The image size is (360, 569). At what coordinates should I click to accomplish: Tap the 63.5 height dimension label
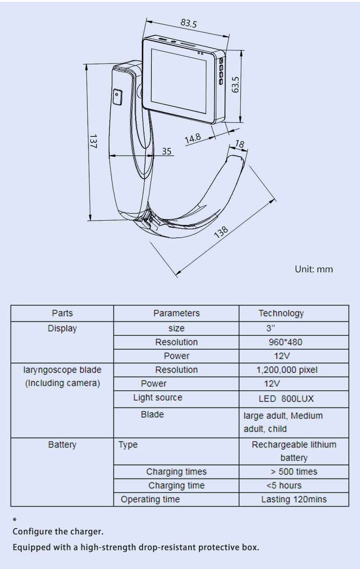pyautogui.click(x=235, y=84)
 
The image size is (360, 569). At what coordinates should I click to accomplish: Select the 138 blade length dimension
pyautogui.click(x=221, y=232)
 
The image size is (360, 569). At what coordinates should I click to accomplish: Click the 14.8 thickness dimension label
pyautogui.click(x=193, y=139)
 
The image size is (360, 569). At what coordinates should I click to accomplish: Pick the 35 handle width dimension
pyautogui.click(x=166, y=151)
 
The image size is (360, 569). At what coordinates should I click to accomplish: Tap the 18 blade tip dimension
pyautogui.click(x=240, y=144)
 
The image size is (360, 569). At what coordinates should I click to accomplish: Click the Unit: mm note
pyautogui.click(x=314, y=269)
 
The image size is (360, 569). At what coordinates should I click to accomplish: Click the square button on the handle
pyautogui.click(x=117, y=96)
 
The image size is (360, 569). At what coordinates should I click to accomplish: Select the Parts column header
pyautogui.click(x=62, y=313)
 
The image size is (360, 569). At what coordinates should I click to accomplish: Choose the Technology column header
pyautogui.click(x=281, y=313)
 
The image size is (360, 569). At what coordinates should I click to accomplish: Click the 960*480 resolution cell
pyautogui.click(x=285, y=342)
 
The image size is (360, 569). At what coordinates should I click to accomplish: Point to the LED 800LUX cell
pyautogui.click(x=286, y=399)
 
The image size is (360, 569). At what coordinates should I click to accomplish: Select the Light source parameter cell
pyautogui.click(x=158, y=397)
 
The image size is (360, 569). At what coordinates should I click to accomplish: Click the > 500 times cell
pyautogui.click(x=294, y=472)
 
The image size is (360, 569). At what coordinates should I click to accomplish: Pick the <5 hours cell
pyautogui.click(x=284, y=486)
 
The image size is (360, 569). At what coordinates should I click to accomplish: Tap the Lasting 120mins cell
pyautogui.click(x=294, y=499)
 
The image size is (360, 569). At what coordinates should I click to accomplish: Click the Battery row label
pyautogui.click(x=62, y=445)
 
